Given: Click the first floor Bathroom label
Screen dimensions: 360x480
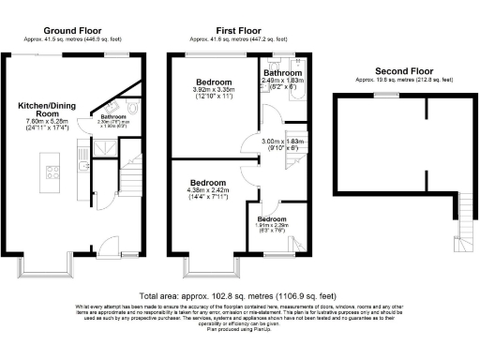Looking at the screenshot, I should click(x=282, y=73).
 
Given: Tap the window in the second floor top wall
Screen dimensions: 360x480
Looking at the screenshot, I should click(x=383, y=96).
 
